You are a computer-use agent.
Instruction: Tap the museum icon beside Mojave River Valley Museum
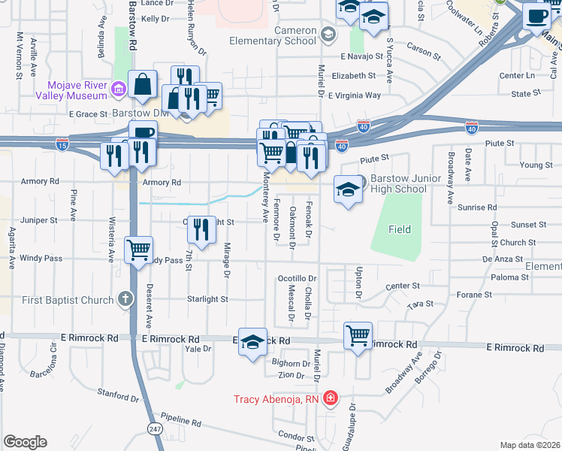pyautogui.click(x=118, y=90)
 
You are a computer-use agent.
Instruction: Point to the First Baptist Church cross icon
pyautogui.click(x=125, y=300)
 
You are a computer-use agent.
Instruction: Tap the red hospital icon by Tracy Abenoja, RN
pyautogui.click(x=330, y=399)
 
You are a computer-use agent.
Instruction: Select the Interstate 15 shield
pyautogui.click(x=63, y=144)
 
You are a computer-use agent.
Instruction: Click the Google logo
pyautogui.click(x=25, y=442)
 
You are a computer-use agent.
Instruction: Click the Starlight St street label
pyautogui.click(x=207, y=299)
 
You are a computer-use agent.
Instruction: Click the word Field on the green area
pyautogui.click(x=400, y=229)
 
